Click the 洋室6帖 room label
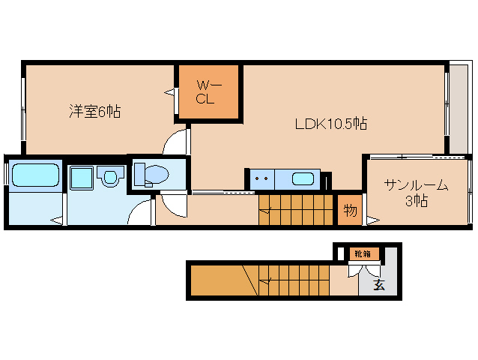(94, 112)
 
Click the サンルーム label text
(416, 184)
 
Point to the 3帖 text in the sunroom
(417, 200)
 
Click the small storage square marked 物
(349, 209)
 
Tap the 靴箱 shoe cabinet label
(361, 254)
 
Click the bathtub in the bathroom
(35, 176)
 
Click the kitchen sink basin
(303, 179)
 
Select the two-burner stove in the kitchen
(261, 180)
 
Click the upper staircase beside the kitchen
(295, 208)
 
